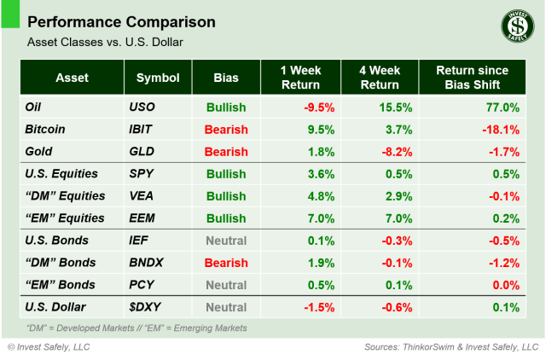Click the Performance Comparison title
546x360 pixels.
coord(122,21)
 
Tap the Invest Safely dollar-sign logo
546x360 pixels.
coord(513,26)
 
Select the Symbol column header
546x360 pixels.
coord(157,78)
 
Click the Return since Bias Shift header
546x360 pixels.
coord(472,78)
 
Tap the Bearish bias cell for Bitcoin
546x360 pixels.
coord(225,130)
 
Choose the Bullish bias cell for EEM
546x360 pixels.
coord(225,218)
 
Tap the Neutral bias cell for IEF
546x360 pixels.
coord(225,241)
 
